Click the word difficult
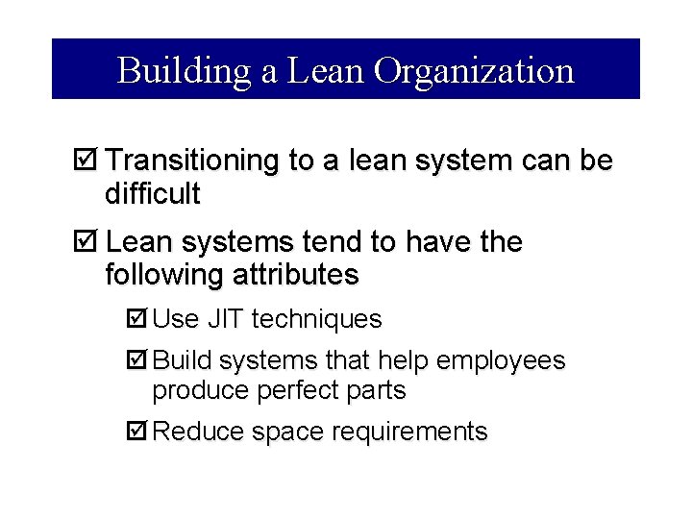[152, 195]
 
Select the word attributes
[295, 276]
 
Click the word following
[163, 276]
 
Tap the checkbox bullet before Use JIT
[137, 318]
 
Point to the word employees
[501, 360]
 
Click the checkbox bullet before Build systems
[137, 360]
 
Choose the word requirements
[409, 432]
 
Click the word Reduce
[198, 432]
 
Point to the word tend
[337, 242]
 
